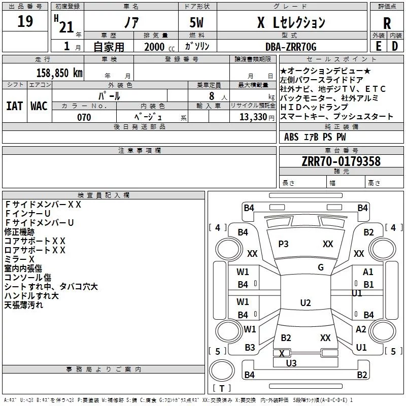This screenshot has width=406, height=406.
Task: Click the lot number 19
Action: coord(25,22)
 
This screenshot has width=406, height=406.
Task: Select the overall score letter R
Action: coord(387,23)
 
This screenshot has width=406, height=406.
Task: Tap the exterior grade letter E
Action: coord(378,46)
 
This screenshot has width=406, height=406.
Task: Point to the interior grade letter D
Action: coord(395,46)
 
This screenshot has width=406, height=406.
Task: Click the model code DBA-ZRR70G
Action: coord(291,47)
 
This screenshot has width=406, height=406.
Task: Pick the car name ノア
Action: coord(130,23)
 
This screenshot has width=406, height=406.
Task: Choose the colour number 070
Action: coord(84,117)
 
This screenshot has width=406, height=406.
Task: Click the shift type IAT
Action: coord(14,106)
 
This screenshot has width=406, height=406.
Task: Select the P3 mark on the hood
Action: coord(283,244)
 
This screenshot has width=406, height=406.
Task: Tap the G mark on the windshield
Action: coord(320,267)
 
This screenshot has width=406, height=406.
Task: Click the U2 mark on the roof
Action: coord(305,303)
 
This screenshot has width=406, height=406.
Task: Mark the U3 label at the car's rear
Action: coord(291,363)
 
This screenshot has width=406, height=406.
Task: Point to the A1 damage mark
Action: coord(368,272)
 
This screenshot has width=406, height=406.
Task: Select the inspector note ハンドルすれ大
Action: coord(31,296)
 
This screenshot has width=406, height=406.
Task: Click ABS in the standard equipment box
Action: coord(291,137)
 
